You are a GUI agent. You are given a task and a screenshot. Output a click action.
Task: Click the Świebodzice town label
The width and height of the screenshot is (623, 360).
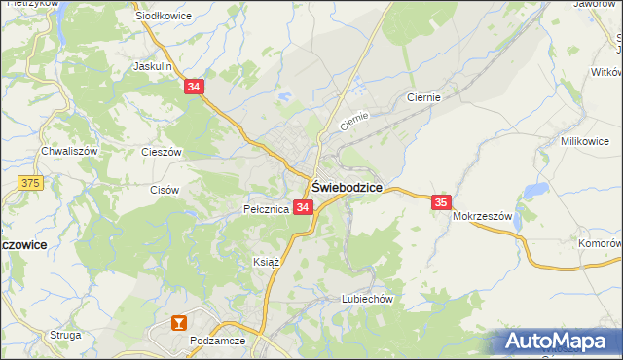(x=347, y=186)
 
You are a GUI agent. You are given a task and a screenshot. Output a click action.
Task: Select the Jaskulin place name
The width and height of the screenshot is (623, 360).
(x=153, y=66)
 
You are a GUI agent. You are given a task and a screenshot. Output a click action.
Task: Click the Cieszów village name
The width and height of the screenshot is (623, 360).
(x=163, y=152)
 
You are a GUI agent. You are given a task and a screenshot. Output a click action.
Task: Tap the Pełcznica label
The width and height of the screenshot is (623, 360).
(x=266, y=209)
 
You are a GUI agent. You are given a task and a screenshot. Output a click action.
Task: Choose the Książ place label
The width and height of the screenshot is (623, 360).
(x=267, y=263)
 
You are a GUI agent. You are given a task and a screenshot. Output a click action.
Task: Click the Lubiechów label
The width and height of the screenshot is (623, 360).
(x=366, y=300)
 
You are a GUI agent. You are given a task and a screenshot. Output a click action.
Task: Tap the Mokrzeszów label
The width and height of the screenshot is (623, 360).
(x=482, y=217)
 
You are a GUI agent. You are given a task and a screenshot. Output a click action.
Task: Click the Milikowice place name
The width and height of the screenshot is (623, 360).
(x=585, y=141)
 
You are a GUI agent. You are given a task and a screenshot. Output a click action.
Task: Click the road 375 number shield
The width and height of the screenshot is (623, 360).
(x=31, y=182)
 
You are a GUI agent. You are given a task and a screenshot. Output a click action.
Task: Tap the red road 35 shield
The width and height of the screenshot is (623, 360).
(x=441, y=202)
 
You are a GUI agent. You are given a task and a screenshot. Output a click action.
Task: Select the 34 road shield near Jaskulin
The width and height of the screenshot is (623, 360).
(x=195, y=87)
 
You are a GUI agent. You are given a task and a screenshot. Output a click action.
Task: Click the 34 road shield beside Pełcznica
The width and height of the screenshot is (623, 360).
(x=303, y=208)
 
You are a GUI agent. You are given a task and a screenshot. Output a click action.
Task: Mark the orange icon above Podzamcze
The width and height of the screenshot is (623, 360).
(x=178, y=322)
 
